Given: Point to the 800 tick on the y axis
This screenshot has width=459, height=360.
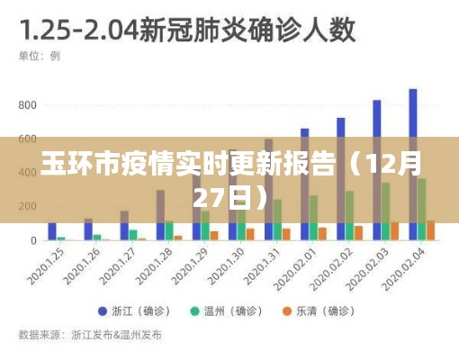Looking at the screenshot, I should pos(27,105).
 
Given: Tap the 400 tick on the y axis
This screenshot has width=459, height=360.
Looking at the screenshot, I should pos(27,173).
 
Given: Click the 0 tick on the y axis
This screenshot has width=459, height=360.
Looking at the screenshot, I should pos(33,240).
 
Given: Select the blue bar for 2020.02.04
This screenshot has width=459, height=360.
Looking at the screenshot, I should pos(412,162).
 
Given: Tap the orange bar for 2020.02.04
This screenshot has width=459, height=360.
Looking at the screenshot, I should pos(431,230).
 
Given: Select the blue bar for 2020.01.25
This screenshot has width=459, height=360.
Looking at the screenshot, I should pos(52,231).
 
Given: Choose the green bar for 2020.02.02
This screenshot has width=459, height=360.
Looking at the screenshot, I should pos(349,215).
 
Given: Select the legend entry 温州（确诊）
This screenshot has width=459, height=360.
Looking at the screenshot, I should pos(224,311).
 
